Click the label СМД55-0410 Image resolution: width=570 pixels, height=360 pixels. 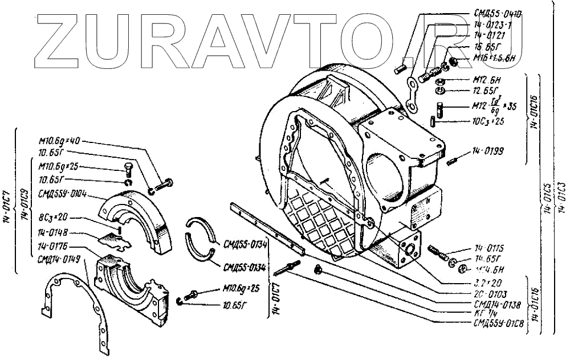tap(497, 13)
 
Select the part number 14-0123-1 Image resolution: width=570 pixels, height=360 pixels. tap(493, 25)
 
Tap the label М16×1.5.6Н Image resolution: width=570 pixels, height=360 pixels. tap(494, 58)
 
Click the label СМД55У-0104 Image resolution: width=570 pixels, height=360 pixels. tap(61, 194)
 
